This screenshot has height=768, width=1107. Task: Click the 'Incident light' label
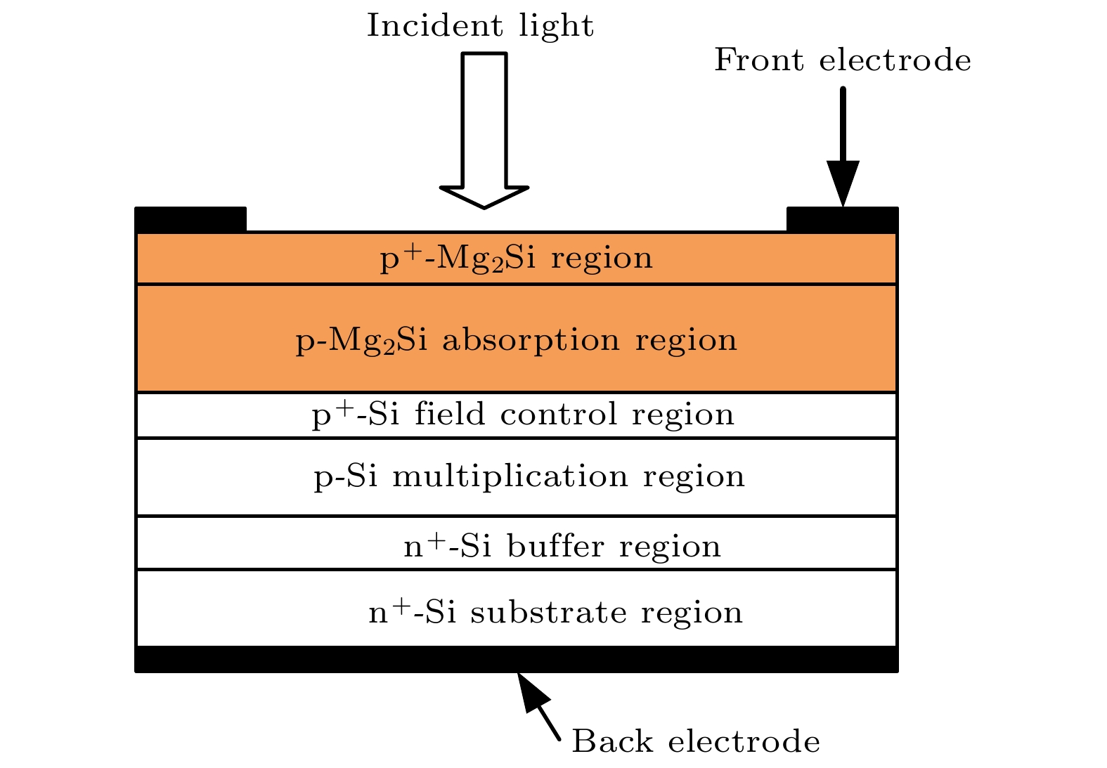coord(480,27)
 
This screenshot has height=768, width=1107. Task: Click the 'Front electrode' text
coord(842,60)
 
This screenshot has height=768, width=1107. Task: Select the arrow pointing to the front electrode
coord(843,148)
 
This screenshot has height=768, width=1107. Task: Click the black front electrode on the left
coord(190,219)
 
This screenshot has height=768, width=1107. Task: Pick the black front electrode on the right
coord(842,220)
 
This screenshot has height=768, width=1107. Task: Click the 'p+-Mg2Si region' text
coord(516,259)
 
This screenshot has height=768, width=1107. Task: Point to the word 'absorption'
coord(531,341)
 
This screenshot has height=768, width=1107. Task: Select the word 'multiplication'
coord(510,477)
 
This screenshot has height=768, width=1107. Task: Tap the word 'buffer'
coord(555,547)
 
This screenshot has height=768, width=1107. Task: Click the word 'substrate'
coord(548,613)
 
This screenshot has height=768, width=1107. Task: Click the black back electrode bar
coord(516,659)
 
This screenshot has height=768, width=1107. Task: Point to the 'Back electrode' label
coord(695,742)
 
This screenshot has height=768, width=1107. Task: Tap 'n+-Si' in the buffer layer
coord(447,546)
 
